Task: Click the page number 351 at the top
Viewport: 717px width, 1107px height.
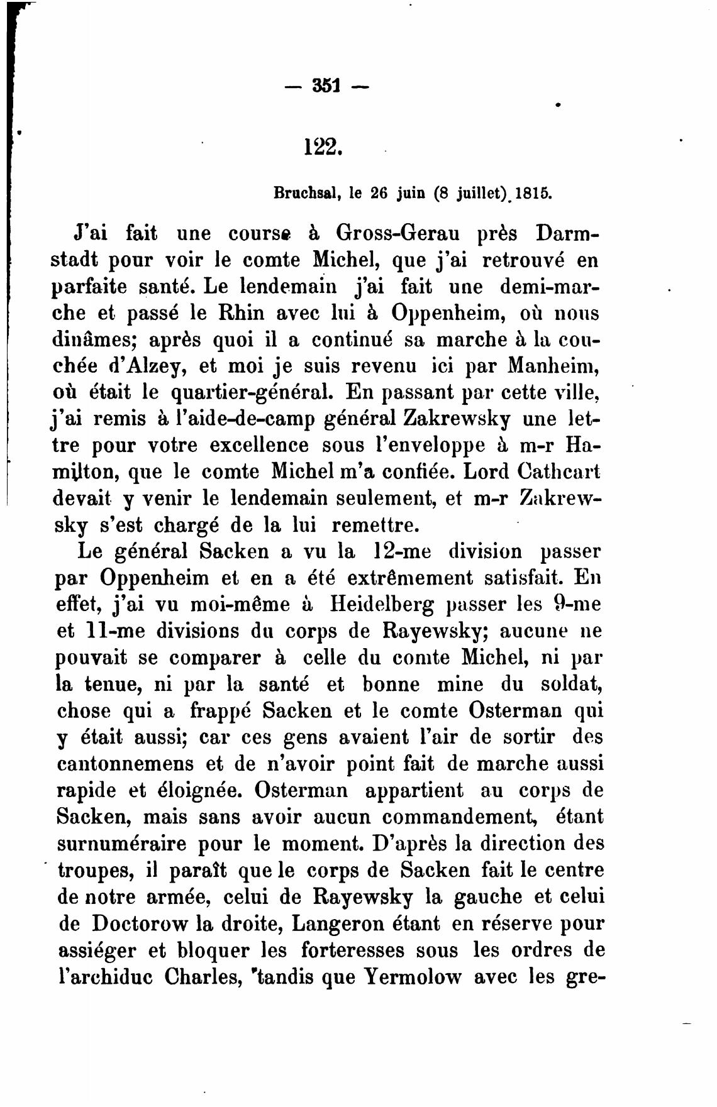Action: coord(325,84)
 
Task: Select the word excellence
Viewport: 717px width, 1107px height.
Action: coord(259,446)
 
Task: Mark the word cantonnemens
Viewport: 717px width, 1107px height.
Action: coord(125,764)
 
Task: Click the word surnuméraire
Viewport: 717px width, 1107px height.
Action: coord(121,844)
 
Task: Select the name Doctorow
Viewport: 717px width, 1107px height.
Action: coord(140,923)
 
